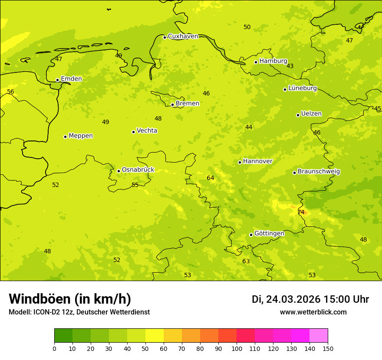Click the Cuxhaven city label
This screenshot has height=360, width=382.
point(183,36)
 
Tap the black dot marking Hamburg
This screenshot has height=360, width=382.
point(256,62)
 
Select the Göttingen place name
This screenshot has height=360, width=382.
point(269,233)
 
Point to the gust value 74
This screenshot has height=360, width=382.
point(301,212)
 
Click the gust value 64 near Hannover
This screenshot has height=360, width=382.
point(211,178)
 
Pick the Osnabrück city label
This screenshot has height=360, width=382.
point(138,170)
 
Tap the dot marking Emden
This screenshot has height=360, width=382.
point(57,80)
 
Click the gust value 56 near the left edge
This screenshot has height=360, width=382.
point(10,92)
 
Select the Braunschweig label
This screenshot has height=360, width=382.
point(319,171)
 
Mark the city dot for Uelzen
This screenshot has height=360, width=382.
point(298,115)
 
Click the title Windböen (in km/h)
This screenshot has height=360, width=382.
point(70,299)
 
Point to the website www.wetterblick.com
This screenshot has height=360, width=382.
point(313,312)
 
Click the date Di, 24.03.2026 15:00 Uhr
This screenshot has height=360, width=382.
point(310,299)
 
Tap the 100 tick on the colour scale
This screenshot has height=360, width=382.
point(237,348)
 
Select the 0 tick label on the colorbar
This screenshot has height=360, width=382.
point(54,348)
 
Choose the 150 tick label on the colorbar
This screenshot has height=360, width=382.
point(328,348)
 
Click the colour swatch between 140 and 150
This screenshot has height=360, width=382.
point(319,336)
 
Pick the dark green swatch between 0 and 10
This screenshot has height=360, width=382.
point(63,336)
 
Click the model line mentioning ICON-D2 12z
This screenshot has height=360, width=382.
point(79,312)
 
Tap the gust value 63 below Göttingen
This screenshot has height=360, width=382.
point(246,261)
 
